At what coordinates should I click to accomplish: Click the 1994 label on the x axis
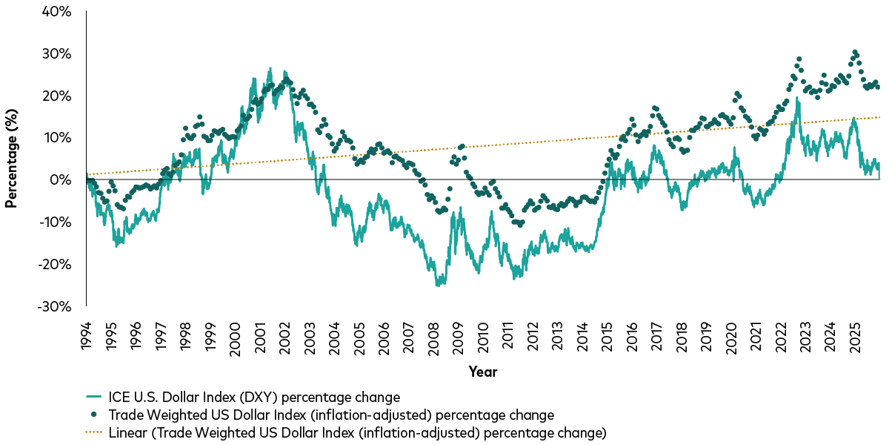point(86,335)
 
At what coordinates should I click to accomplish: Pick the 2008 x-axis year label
point(433,335)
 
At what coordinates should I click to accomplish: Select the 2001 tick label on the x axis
point(260,335)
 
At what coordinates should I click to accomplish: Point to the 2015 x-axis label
point(607,335)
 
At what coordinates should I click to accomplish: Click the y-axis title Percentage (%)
point(11,158)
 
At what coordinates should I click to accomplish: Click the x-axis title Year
point(482,372)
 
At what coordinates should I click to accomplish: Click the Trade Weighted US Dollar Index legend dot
point(96,415)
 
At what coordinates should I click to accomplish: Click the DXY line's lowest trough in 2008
point(437,285)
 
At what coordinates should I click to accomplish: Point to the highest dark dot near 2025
point(855,52)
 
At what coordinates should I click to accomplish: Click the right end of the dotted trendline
point(879,117)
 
